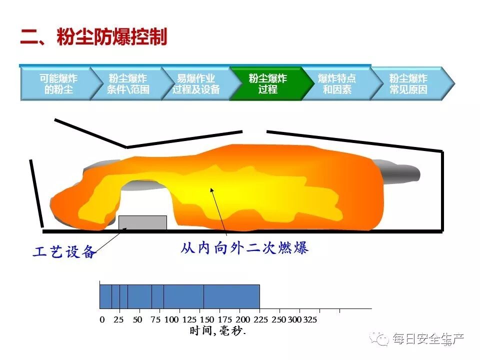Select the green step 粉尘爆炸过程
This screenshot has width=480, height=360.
coord(267,84)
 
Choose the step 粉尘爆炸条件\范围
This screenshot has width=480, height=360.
coord(128,84)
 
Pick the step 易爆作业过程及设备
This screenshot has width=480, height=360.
coord(196,84)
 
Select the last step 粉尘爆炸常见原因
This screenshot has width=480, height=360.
coord(408,84)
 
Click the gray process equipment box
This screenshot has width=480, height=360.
coord(142,223)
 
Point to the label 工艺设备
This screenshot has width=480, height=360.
coord(64,252)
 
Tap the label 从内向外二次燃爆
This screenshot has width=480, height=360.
coord(244,247)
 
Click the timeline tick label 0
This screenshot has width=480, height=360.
coord(102,319)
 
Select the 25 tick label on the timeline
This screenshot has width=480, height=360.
coord(118,319)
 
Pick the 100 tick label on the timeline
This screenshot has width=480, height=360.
coord(171,319)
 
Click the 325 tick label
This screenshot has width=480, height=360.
coord(310,319)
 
